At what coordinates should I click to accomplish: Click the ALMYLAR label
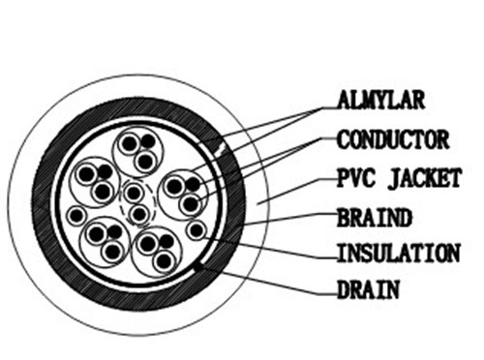(380, 100)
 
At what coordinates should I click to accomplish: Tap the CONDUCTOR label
(393, 139)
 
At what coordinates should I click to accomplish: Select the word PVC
(355, 178)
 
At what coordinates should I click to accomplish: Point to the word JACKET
(424, 178)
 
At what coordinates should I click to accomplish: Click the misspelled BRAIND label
(375, 218)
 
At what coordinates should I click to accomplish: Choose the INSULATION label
(399, 254)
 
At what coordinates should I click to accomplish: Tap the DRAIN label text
(368, 289)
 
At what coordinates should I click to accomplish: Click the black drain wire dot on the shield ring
(198, 266)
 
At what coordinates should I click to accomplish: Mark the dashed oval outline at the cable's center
(120, 201)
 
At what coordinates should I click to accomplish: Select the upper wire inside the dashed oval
(134, 193)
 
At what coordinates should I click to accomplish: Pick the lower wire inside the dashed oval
(139, 214)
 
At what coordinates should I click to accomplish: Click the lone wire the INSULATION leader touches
(197, 230)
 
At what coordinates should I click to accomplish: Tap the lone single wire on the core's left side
(76, 216)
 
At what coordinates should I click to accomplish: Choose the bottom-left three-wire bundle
(105, 241)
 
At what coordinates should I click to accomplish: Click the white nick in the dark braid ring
(221, 149)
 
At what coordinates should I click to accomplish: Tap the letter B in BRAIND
(343, 218)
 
